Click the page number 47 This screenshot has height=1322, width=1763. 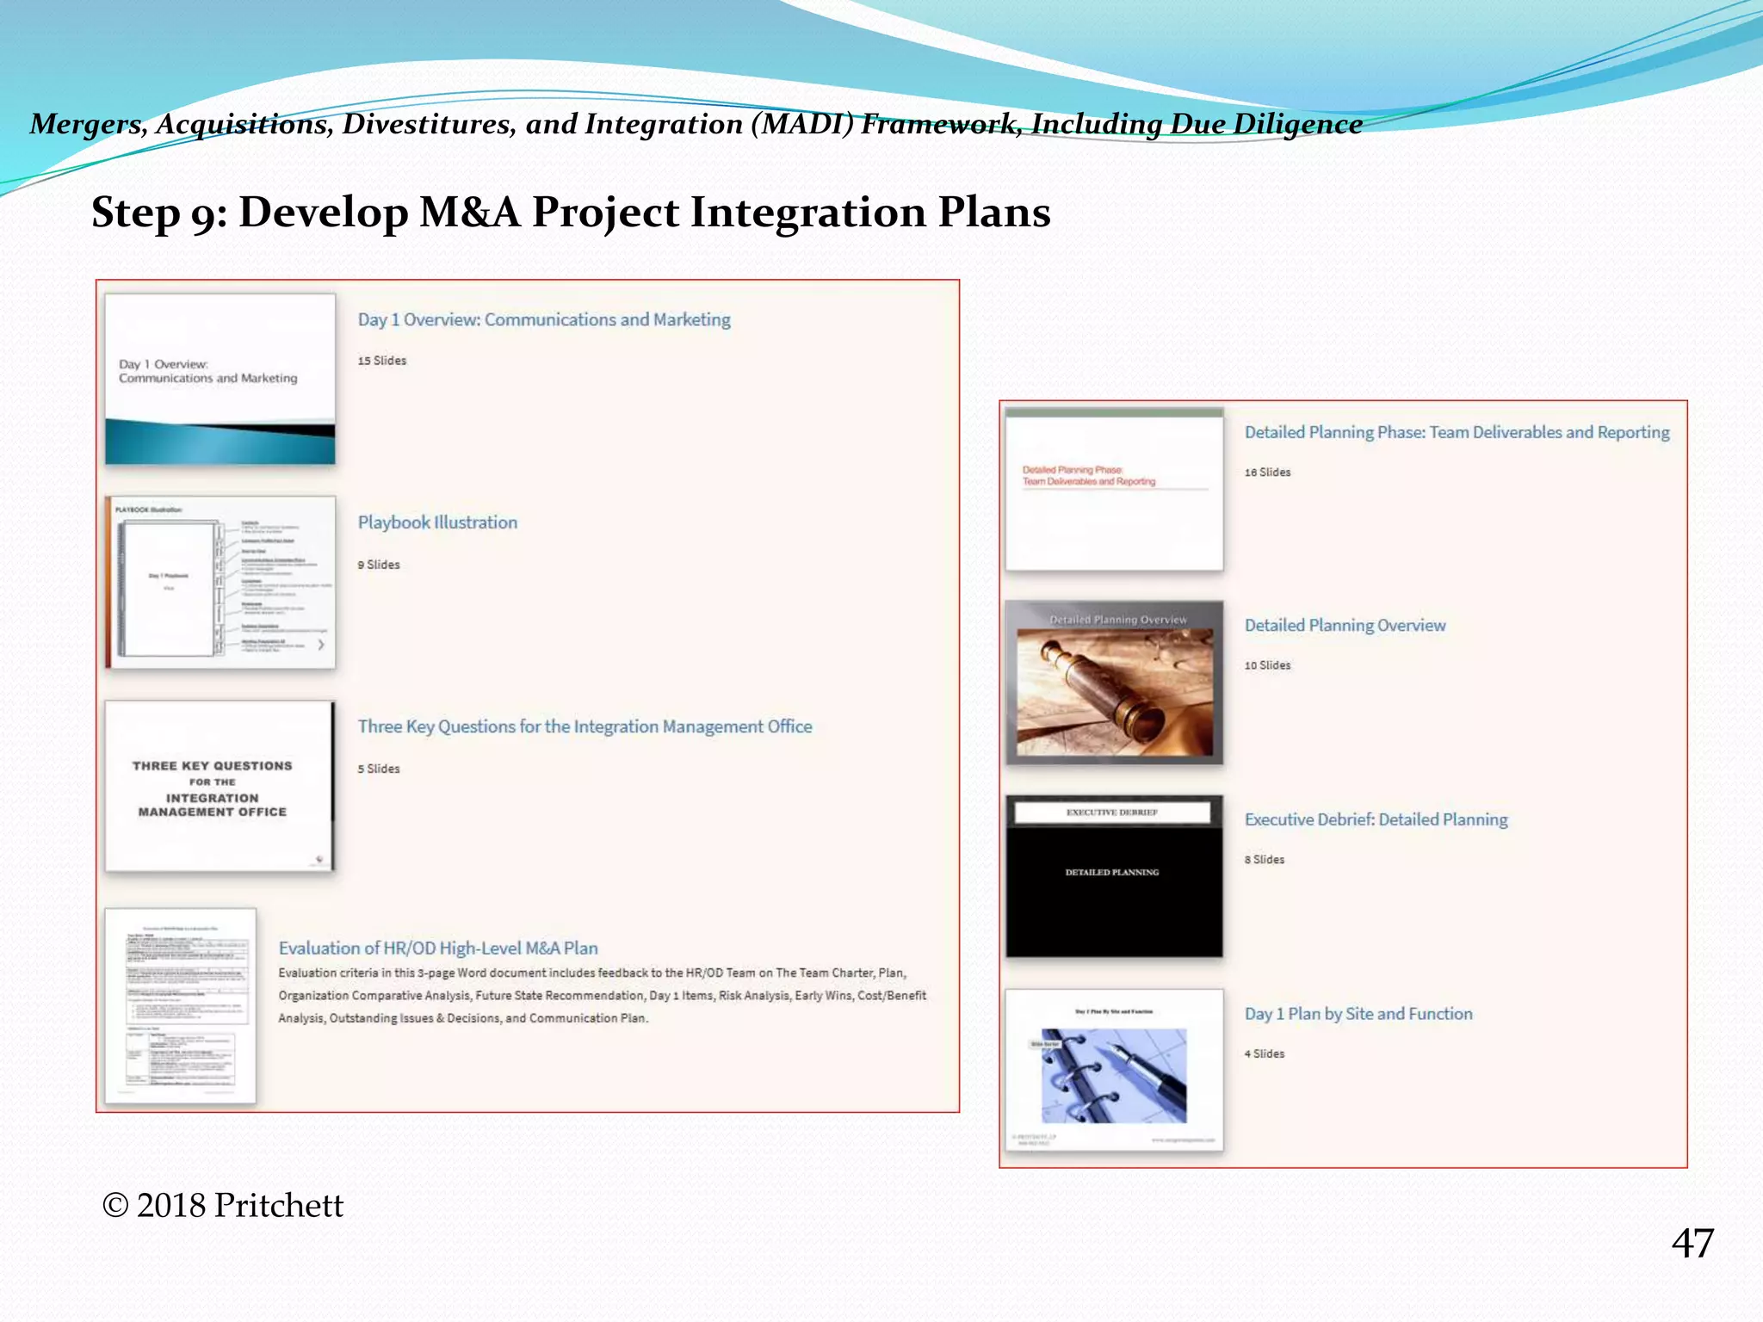[x=1692, y=1244]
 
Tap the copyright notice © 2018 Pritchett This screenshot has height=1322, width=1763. [x=223, y=1206]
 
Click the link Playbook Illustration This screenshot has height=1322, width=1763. [x=437, y=522]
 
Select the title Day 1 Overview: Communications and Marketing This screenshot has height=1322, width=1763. [x=544, y=319]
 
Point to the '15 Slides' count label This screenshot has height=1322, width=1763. [x=382, y=361]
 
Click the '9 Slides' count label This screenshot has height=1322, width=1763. [x=379, y=565]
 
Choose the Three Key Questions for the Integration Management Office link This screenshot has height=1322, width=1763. [x=585, y=726]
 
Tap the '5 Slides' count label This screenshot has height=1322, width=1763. [x=379, y=769]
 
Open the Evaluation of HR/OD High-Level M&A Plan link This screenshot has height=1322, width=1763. [x=438, y=948]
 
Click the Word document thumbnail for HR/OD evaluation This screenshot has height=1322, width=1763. [x=180, y=1005]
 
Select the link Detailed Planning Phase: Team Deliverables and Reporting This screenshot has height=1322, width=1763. [x=1457, y=432]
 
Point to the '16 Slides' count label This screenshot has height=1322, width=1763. [x=1267, y=473]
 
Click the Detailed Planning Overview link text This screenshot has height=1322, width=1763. [x=1345, y=626]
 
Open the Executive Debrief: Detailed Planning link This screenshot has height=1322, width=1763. [x=1376, y=819]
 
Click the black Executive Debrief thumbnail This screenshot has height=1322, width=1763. [x=1114, y=876]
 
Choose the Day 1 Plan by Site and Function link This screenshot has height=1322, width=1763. [x=1358, y=1014]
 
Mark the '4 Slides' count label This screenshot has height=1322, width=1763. [x=1264, y=1054]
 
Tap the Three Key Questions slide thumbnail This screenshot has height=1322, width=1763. [x=220, y=786]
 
